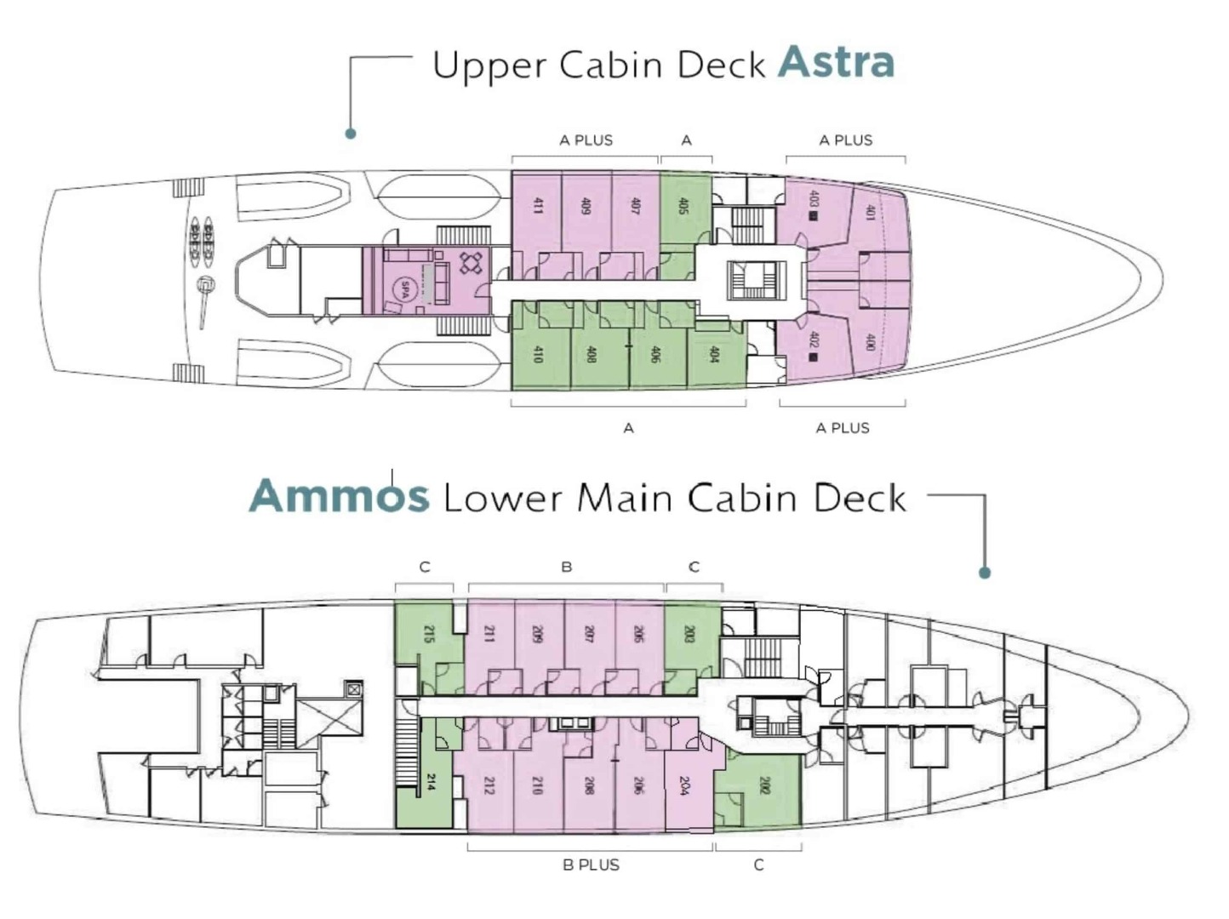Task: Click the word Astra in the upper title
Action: (836, 62)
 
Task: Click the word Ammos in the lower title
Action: (339, 496)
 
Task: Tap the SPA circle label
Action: (405, 288)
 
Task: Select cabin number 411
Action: (537, 205)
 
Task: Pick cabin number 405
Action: (683, 205)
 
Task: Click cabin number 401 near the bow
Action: (870, 212)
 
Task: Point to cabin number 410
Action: (537, 353)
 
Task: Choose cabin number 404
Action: (713, 353)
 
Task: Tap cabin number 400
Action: (870, 342)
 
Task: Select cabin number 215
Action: (428, 634)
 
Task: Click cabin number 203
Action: (689, 634)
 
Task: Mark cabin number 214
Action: (431, 782)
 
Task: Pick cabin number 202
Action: (763, 785)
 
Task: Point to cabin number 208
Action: (588, 785)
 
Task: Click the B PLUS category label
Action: (591, 865)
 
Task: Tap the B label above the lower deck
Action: (566, 567)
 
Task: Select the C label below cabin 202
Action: (758, 865)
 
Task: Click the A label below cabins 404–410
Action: (628, 428)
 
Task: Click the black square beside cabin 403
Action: (814, 216)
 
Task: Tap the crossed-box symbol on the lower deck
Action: (353, 689)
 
